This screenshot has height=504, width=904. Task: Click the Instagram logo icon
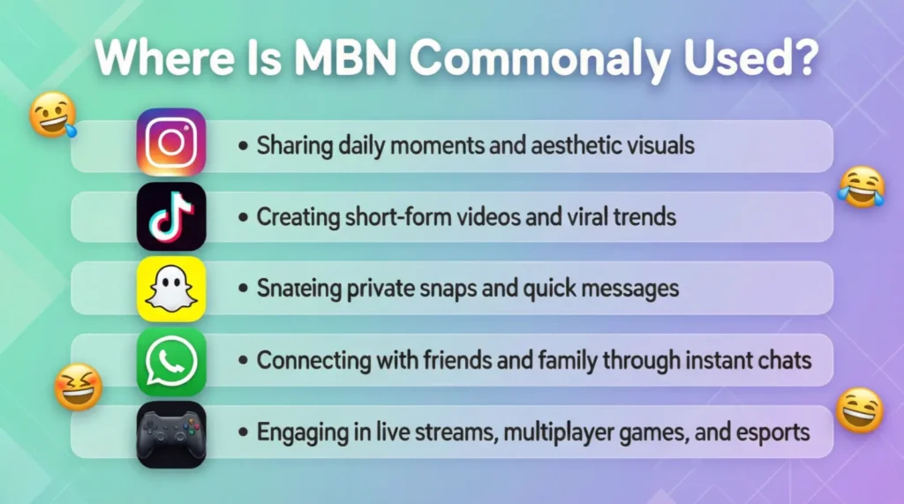pos(171,142)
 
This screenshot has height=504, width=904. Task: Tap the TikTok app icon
pos(171,216)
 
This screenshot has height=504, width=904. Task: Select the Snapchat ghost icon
pos(171,289)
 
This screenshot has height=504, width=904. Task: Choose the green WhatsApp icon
pos(171,361)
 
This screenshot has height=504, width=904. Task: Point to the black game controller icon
pos(171,433)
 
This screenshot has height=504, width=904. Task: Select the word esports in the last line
pos(767,433)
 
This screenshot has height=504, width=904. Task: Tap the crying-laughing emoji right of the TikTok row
pos(861,187)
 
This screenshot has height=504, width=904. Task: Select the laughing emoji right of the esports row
pos(859,410)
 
